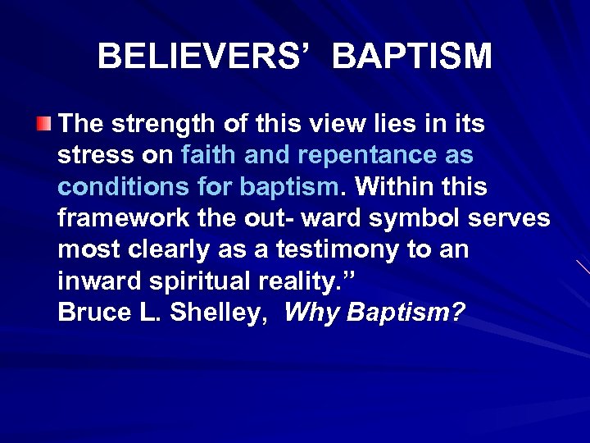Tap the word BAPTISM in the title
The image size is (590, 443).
(413, 57)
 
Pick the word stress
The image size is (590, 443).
(86, 156)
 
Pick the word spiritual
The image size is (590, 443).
(191, 281)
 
